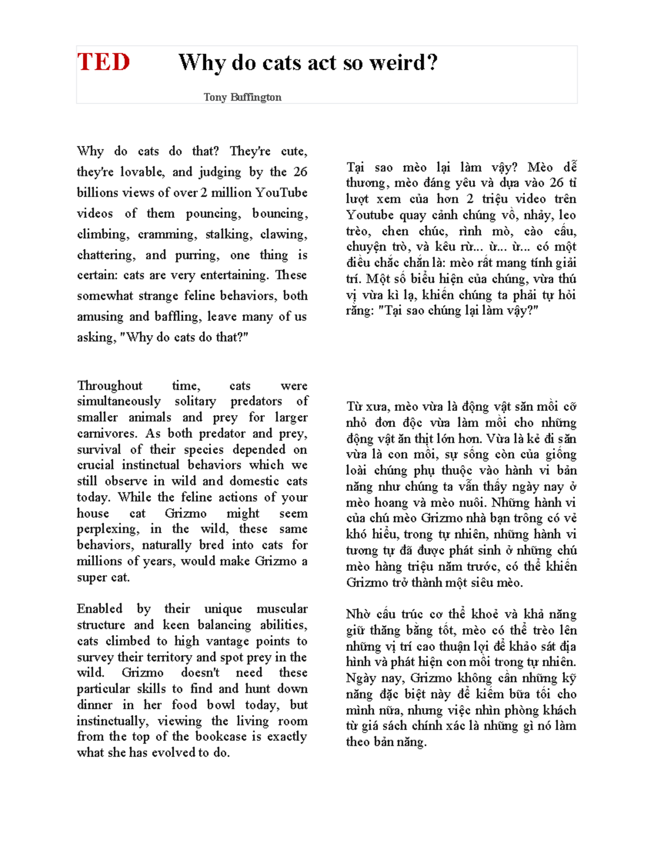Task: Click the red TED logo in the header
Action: pyautogui.click(x=104, y=62)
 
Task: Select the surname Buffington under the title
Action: pyautogui.click(x=256, y=98)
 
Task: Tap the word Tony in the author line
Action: pyautogui.click(x=215, y=98)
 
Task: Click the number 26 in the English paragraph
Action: pyautogui.click(x=300, y=172)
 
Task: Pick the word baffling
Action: pyautogui.click(x=177, y=317)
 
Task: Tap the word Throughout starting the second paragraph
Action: pyautogui.click(x=110, y=386)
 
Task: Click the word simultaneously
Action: pyautogui.click(x=119, y=401)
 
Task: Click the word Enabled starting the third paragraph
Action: pyautogui.click(x=100, y=608)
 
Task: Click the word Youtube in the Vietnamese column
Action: pyautogui.click(x=370, y=215)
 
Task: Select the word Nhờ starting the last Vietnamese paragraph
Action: pyautogui.click(x=358, y=614)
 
